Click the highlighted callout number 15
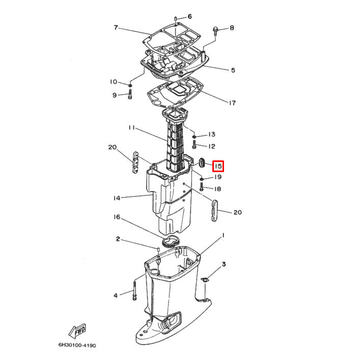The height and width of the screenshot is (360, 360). pyautogui.click(x=218, y=166)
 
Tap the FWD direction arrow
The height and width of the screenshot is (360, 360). pyautogui.click(x=77, y=331)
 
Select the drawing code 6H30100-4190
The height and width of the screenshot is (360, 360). pyautogui.click(x=77, y=345)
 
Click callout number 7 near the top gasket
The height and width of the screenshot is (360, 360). pyautogui.click(x=116, y=27)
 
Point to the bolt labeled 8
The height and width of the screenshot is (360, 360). pyautogui.click(x=215, y=31)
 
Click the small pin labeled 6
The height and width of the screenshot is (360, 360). pyautogui.click(x=175, y=19)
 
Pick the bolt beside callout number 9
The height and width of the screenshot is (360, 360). pyautogui.click(x=130, y=94)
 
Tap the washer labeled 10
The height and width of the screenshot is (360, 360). pyautogui.click(x=130, y=86)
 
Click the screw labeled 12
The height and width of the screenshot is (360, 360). pyautogui.click(x=194, y=145)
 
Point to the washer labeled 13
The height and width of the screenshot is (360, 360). pyautogui.click(x=194, y=136)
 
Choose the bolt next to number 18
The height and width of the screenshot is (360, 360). pyautogui.click(x=202, y=187)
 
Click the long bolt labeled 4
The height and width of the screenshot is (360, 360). pyautogui.click(x=134, y=291)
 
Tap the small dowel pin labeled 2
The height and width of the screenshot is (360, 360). pyautogui.click(x=158, y=249)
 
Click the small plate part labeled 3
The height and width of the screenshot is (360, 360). pyautogui.click(x=204, y=280)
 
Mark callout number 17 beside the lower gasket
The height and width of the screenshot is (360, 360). pyautogui.click(x=232, y=103)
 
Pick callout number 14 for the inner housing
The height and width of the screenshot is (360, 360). pyautogui.click(x=117, y=198)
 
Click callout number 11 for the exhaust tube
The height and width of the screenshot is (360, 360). pyautogui.click(x=132, y=128)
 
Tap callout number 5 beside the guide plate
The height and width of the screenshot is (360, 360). pyautogui.click(x=233, y=70)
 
